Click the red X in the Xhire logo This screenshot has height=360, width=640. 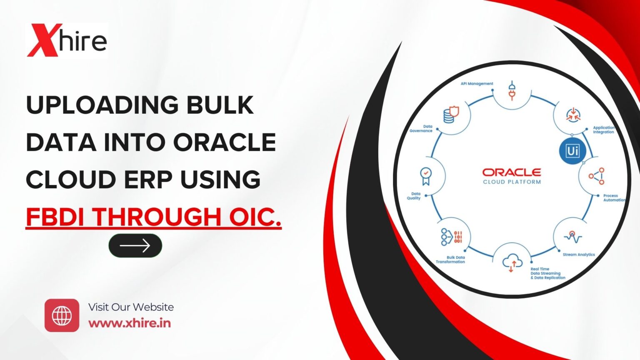pos(43,40)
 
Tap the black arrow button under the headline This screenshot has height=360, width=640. pos(135,245)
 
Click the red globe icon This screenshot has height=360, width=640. pos(62,315)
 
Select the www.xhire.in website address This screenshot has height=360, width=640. pos(130,323)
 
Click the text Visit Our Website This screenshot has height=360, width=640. pos(131,307)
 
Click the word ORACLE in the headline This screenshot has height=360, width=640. pos(225,142)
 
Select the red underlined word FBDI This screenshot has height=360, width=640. pos(57,217)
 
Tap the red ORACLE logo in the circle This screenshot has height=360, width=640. pos(512,172)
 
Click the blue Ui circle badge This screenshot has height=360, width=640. pos(572,151)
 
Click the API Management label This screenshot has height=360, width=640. pos(477,84)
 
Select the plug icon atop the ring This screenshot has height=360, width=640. pos(512,91)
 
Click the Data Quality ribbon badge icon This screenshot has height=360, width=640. pos(425,176)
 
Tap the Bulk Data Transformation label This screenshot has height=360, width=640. pos(451,260)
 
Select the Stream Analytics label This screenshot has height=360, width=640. pos(578,255)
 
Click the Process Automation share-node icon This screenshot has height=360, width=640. pos(596,176)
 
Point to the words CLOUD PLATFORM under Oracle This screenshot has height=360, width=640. pos(512,182)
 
